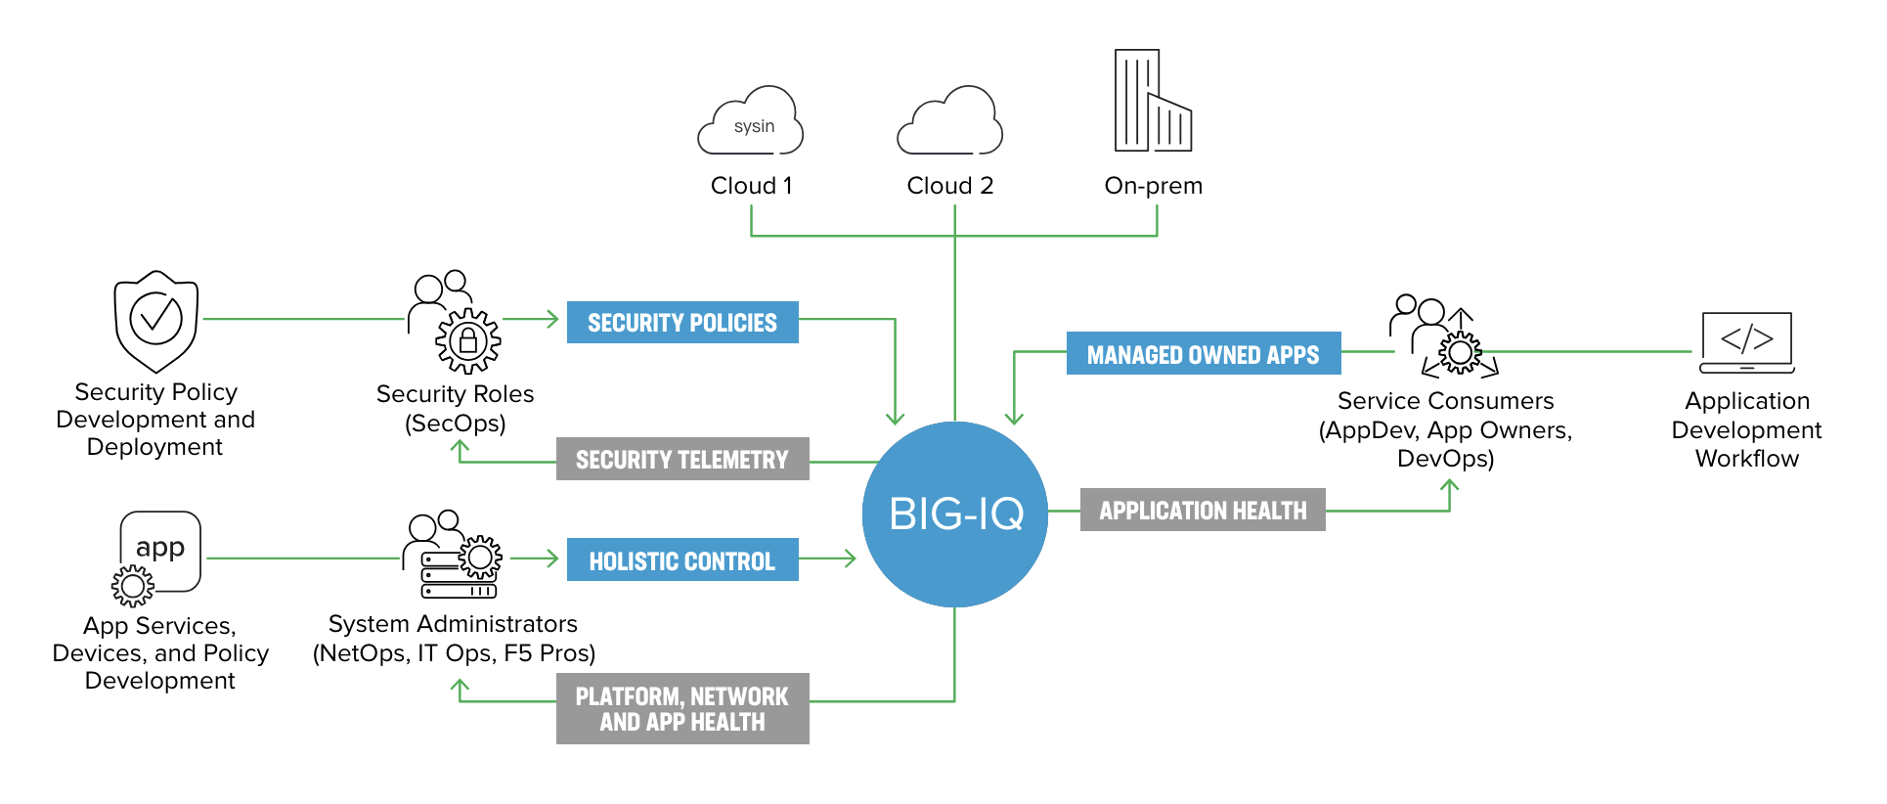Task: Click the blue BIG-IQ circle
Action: tap(954, 514)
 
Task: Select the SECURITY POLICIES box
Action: tap(682, 323)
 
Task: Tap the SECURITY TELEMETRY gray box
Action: tap(682, 459)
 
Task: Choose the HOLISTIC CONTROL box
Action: tap(682, 560)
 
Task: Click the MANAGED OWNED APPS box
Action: tap(1203, 354)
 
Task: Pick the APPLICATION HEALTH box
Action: tap(1203, 510)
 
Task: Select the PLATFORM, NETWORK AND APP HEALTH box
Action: tap(682, 708)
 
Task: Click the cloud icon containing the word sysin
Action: tap(751, 122)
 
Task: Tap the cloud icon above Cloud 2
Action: tap(950, 122)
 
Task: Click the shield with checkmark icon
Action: tap(156, 320)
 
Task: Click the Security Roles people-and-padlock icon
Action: tap(455, 322)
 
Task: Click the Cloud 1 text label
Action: tap(751, 186)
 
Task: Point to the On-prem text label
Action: tap(1153, 186)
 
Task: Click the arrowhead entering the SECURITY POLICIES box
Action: tap(552, 319)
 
